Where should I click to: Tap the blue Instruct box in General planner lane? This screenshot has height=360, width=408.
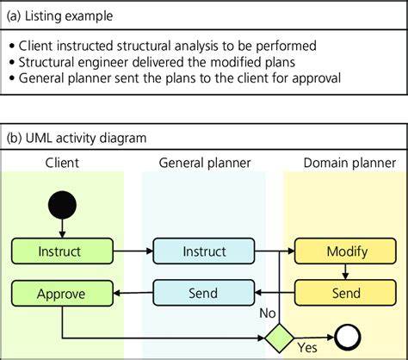(203, 251)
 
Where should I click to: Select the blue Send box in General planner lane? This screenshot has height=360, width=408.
(203, 293)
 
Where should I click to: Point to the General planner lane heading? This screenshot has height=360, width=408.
(203, 161)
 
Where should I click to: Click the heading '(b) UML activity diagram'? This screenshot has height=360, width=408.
(77, 137)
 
